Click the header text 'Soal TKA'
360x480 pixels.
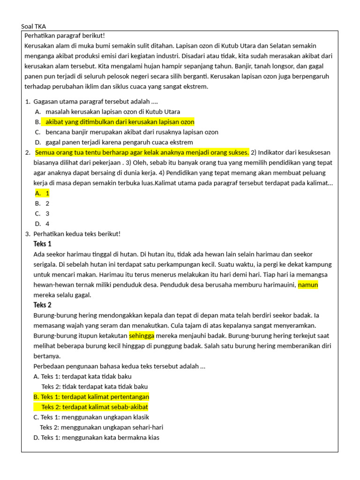[x=34, y=26]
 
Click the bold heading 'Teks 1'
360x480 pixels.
[x=43, y=244]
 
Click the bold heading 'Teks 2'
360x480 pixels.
[x=43, y=305]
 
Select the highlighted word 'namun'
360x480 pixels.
[x=308, y=285]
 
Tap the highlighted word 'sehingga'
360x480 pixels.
[x=142, y=336]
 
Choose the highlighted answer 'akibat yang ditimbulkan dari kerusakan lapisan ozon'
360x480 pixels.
[x=120, y=122]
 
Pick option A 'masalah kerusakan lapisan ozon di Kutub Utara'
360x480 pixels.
[x=112, y=112]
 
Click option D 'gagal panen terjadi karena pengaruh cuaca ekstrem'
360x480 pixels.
[x=119, y=142]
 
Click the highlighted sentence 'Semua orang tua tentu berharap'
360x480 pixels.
[x=142, y=152]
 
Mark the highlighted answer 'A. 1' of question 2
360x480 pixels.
[x=42, y=193]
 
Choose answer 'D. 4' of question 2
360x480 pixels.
[x=42, y=224]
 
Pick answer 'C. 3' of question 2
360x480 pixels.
[x=42, y=214]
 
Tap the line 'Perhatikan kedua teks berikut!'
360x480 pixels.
[x=77, y=234]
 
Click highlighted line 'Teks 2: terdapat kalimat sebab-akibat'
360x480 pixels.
[x=95, y=407]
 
